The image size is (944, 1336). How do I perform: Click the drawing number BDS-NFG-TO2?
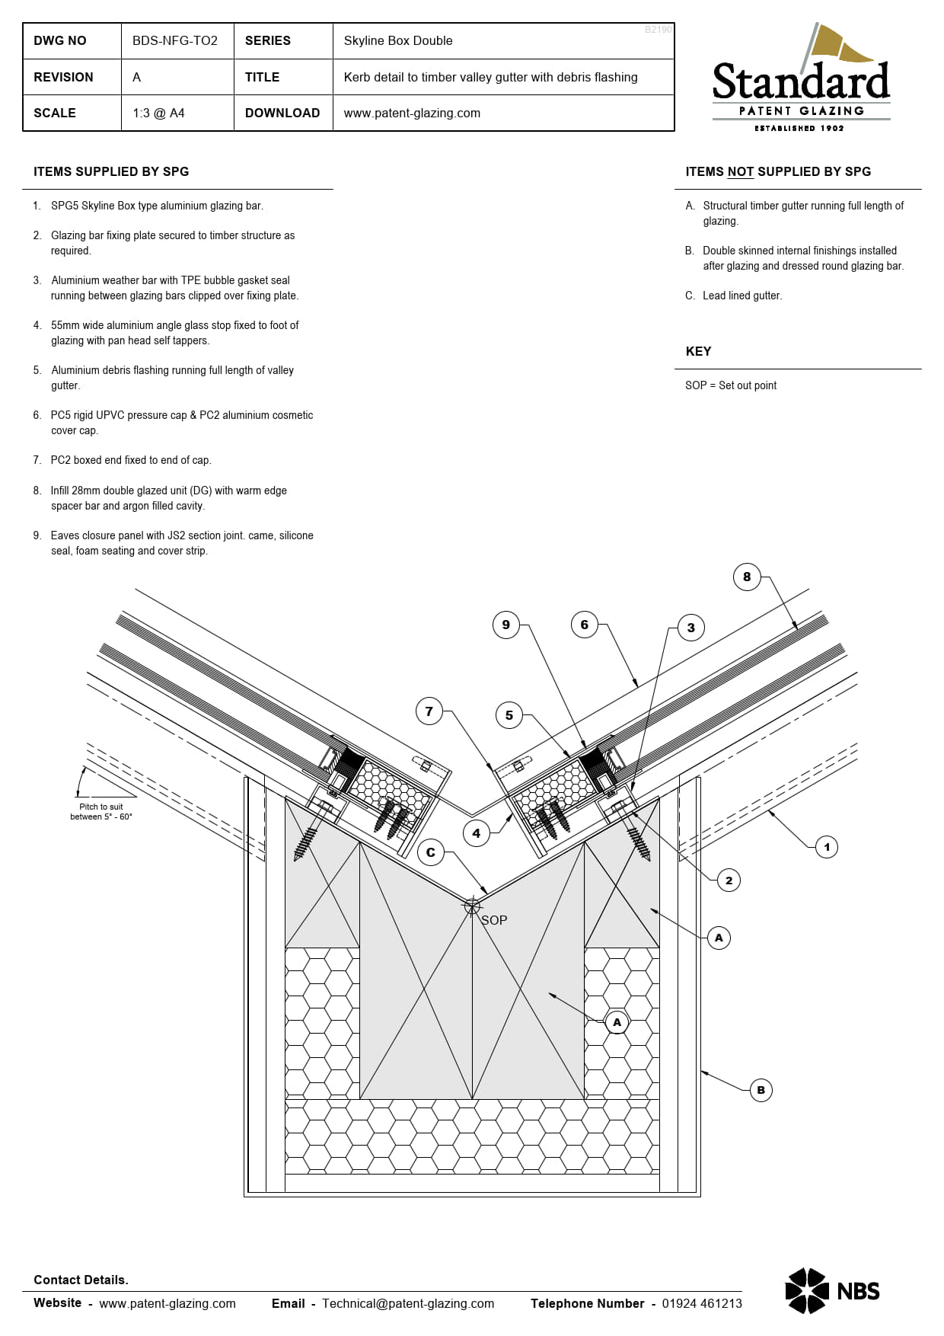click(175, 41)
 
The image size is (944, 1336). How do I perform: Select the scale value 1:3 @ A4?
click(158, 113)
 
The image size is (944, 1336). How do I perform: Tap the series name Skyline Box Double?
click(398, 41)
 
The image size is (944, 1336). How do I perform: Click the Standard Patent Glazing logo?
click(801, 80)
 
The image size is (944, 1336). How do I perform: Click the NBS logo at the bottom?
click(832, 1291)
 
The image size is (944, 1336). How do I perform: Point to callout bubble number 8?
click(747, 577)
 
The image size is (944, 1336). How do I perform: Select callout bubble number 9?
click(506, 625)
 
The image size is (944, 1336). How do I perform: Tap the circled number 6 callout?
click(585, 625)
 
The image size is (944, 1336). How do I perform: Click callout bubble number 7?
click(429, 712)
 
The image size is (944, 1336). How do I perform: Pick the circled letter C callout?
click(431, 853)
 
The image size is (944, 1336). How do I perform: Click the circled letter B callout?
click(761, 1091)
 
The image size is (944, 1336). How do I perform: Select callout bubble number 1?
click(827, 848)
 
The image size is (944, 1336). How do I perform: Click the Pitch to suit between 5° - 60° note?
click(101, 812)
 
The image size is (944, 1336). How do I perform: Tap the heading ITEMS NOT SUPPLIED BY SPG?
click(778, 172)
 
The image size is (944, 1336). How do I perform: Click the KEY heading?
click(698, 352)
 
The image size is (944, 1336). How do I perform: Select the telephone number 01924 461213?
click(702, 1304)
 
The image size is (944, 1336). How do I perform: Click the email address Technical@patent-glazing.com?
click(408, 1304)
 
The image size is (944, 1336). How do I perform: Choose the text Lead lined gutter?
click(742, 296)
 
